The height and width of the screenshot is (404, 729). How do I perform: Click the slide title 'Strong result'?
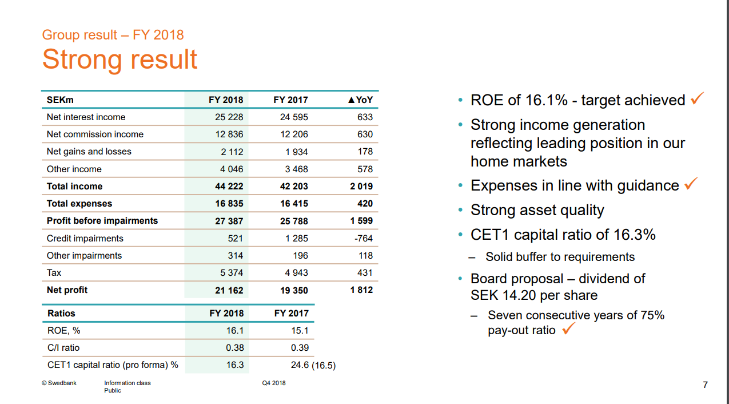[x=119, y=60]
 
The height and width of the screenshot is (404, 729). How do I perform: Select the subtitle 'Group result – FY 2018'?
[x=113, y=35]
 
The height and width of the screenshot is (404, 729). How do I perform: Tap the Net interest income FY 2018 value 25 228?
[x=229, y=117]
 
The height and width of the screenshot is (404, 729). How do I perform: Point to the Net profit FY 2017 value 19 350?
[x=294, y=290]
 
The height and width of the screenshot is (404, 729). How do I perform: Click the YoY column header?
[x=360, y=100]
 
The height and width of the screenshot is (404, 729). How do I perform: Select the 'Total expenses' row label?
[x=79, y=203]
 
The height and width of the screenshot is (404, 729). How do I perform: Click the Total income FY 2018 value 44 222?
[x=229, y=186]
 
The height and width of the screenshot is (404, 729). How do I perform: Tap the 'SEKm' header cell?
[x=60, y=100]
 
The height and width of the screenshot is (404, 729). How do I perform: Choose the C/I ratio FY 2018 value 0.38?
[x=234, y=347]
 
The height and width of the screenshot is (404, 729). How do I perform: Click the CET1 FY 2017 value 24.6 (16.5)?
[x=313, y=365]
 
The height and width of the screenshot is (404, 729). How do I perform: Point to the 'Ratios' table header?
[x=61, y=313]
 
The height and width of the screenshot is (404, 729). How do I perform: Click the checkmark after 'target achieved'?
[x=697, y=98]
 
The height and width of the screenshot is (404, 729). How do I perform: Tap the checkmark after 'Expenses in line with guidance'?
[x=691, y=184]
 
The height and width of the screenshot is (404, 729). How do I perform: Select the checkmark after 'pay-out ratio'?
[x=568, y=329]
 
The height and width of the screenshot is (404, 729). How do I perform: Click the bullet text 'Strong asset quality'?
[x=537, y=210]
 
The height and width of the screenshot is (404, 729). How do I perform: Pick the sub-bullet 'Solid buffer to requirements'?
[x=560, y=257]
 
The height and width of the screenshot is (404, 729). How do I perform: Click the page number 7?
[x=705, y=385]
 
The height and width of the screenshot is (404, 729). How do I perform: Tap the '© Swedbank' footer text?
[x=59, y=383]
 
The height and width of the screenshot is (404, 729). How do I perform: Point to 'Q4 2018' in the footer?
[x=273, y=383]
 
